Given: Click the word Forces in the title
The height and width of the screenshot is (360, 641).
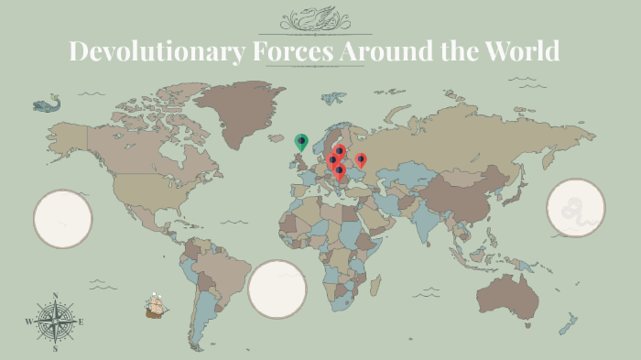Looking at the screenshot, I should pyautogui.click(x=290, y=51).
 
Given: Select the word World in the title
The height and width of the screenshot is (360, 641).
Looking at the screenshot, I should pyautogui.click(x=517, y=51).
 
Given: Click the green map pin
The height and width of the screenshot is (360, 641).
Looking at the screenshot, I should pyautogui.click(x=301, y=140).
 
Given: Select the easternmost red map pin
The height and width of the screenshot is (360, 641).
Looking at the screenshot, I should pyautogui.click(x=361, y=159).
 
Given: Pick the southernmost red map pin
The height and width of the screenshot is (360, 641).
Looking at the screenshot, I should pyautogui.click(x=340, y=169).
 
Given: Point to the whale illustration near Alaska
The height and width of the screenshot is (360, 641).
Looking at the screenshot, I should pyautogui.click(x=41, y=105).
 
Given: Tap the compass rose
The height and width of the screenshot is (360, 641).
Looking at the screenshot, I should pyautogui.click(x=55, y=322).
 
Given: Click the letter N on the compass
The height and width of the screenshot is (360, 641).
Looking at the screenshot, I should pyautogui.click(x=55, y=296).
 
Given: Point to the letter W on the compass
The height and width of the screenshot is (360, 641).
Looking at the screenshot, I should pyautogui.click(x=28, y=322).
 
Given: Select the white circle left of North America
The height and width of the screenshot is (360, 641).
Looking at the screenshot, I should pyautogui.click(x=63, y=219).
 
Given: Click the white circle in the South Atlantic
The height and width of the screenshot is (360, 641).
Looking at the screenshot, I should pyautogui.click(x=277, y=289).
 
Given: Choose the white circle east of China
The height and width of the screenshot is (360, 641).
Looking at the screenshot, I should pyautogui.click(x=576, y=208).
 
